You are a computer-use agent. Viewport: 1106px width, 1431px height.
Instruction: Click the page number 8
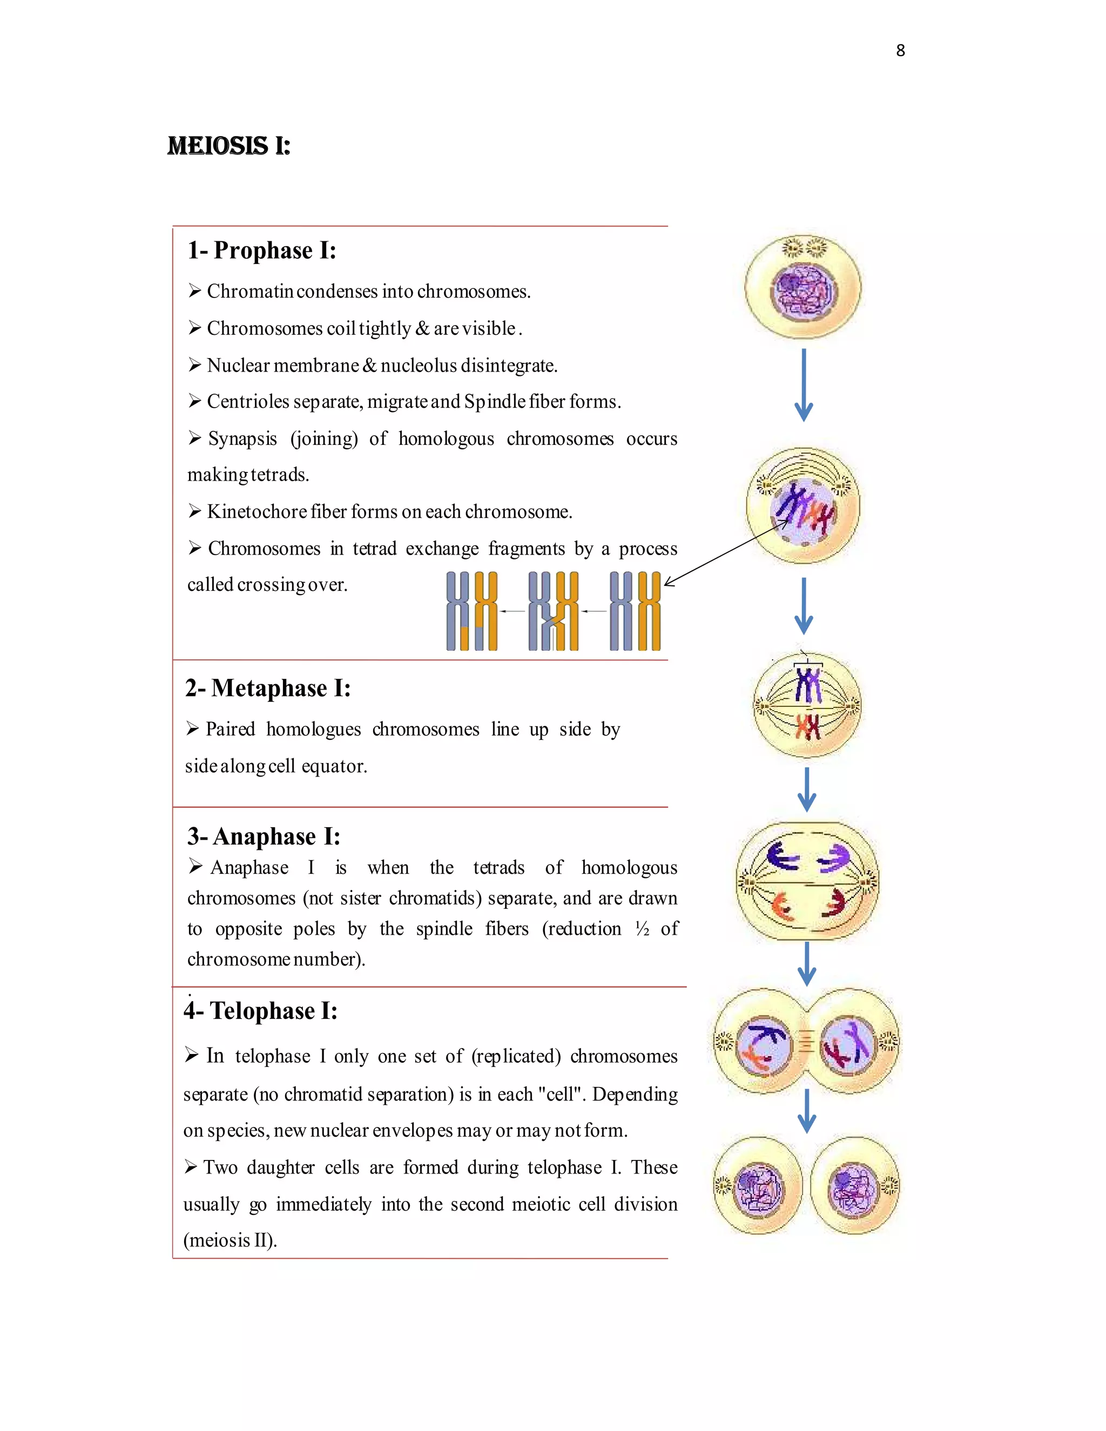pos(900,50)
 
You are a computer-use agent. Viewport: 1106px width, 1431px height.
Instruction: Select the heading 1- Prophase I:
pos(261,251)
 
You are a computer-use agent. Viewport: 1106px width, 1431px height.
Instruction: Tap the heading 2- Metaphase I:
pos(267,688)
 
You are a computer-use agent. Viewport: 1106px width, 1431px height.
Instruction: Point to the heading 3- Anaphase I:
pos(264,836)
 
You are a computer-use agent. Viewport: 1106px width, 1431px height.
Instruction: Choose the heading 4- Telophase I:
pos(260,1010)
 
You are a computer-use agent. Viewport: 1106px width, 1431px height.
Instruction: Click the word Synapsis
pos(242,438)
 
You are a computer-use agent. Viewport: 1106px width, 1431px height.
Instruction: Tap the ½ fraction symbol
pos(642,928)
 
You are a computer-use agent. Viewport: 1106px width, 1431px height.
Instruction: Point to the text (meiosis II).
pos(230,1240)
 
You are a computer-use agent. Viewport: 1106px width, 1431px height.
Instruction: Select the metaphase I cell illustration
pos(807,706)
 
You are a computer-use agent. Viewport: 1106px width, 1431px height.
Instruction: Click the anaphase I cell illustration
pos(807,881)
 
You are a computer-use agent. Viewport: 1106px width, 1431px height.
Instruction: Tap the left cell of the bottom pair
pos(758,1185)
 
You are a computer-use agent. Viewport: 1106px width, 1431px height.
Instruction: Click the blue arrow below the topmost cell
pos(804,384)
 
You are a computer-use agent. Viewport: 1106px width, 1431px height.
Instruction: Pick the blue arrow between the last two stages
pos(807,1111)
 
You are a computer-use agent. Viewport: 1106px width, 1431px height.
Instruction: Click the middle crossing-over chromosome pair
pos(554,611)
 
